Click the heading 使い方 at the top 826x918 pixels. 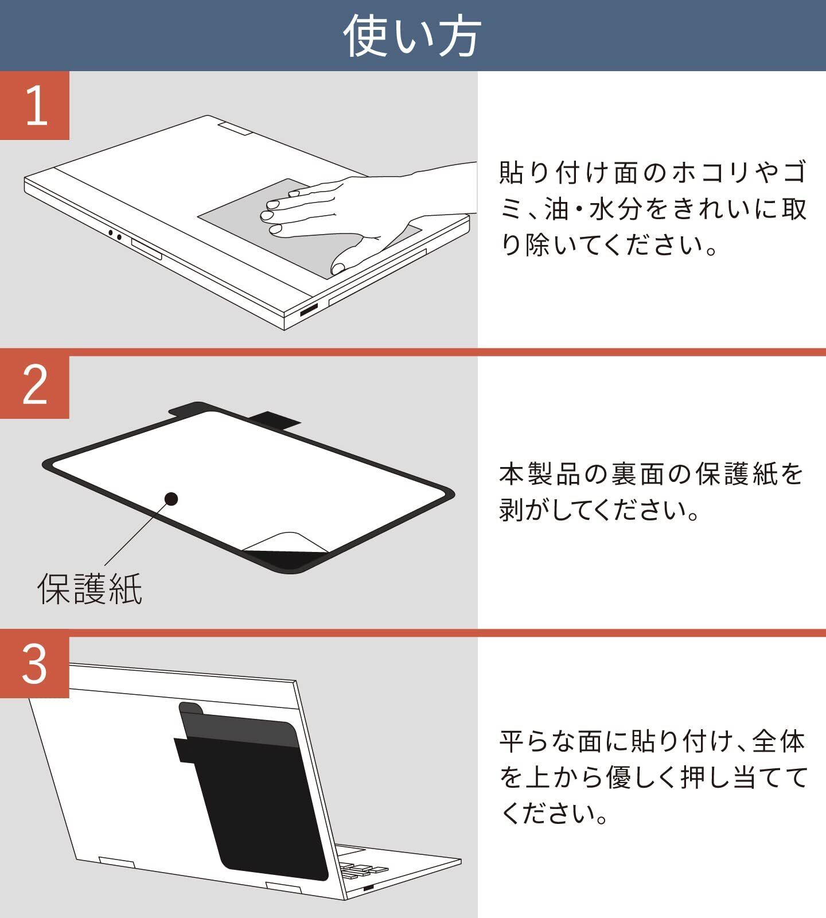pyautogui.click(x=412, y=36)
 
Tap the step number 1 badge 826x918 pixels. pyautogui.click(x=34, y=106)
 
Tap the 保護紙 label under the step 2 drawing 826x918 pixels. pyautogui.click(x=89, y=588)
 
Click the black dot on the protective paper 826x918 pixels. pyautogui.click(x=170, y=499)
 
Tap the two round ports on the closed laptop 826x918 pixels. pyautogui.click(x=114, y=235)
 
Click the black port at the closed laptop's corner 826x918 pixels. pyautogui.click(x=309, y=311)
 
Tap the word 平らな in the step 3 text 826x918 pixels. pyautogui.click(x=537, y=741)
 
